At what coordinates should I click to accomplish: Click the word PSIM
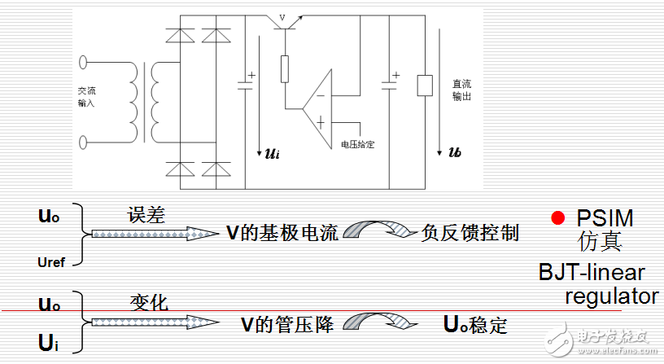[604, 218]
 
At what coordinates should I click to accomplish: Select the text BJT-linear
[592, 272]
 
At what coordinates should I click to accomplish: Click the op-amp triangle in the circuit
[318, 103]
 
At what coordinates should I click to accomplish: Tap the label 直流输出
[462, 90]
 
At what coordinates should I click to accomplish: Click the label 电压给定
[357, 144]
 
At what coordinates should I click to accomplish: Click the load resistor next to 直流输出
[424, 85]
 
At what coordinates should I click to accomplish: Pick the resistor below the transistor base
[285, 69]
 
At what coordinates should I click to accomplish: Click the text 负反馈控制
[470, 234]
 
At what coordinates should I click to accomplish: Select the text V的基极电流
[282, 234]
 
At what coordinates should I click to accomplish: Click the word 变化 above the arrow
[147, 303]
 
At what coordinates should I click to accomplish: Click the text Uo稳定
[476, 324]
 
